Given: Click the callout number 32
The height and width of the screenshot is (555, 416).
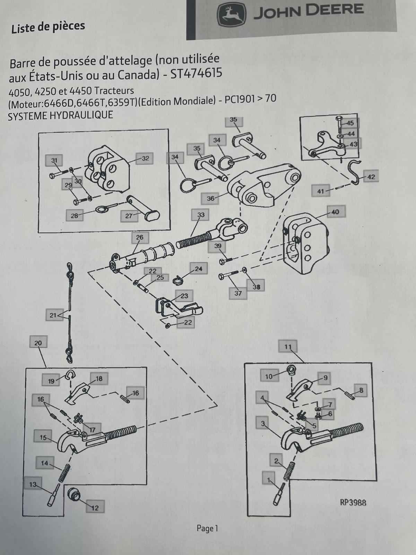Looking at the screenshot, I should [x=145, y=159].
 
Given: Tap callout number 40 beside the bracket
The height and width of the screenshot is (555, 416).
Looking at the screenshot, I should [x=335, y=212].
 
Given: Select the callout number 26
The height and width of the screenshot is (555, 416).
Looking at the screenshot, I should [x=140, y=238].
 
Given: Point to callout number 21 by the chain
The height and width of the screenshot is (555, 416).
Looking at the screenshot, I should [x=53, y=315].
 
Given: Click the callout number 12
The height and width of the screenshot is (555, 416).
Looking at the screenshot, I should [x=95, y=508].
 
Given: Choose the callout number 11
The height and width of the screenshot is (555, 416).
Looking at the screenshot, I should [x=288, y=347].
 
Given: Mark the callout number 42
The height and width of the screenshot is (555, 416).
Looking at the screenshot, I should [x=371, y=177].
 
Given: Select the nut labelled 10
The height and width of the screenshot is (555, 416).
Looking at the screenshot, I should [x=291, y=370].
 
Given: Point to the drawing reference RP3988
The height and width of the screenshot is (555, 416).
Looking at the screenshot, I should [x=353, y=502].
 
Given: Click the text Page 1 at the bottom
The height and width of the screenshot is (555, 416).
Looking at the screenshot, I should [x=207, y=528].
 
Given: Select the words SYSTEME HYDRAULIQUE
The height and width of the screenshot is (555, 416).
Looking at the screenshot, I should [x=60, y=116].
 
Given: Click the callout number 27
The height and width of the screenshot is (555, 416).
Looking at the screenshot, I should [x=129, y=216].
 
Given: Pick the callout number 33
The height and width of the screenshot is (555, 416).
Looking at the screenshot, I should [x=201, y=215].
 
